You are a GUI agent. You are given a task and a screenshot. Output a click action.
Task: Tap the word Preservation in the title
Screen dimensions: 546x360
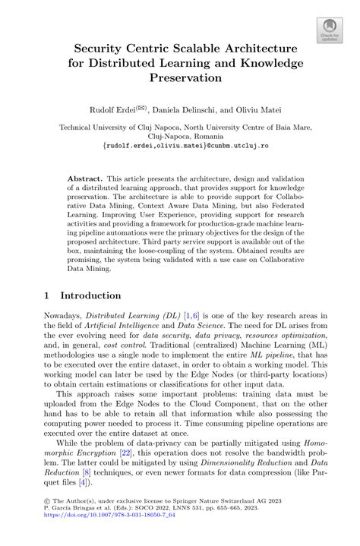pos(180,77)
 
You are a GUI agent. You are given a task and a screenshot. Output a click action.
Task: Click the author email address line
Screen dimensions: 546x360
pos(180,142)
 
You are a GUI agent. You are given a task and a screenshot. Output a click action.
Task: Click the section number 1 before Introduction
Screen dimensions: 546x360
pos(46,295)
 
